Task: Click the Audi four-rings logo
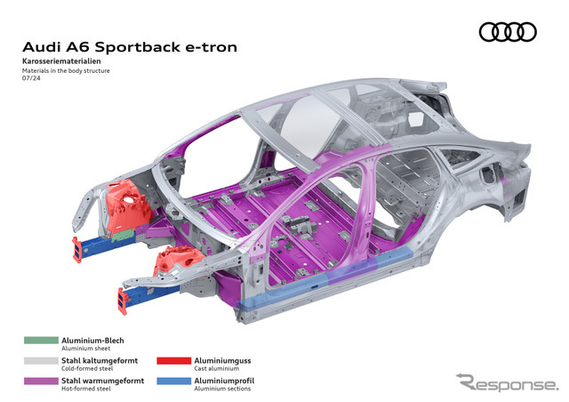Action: point(508,32)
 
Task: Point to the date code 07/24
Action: point(31,80)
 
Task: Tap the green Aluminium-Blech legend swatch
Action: point(39,341)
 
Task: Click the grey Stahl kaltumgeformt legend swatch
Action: point(39,360)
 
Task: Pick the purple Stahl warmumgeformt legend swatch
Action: point(39,381)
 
